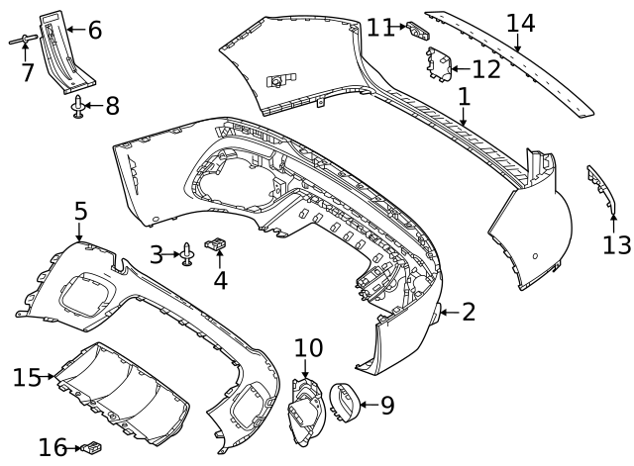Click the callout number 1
pos(464,97)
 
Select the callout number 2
pos(469,313)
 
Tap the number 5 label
pos(80,211)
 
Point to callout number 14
pos(520,23)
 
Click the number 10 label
pos(308,347)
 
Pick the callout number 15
pos(26,377)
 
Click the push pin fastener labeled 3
pos(186,256)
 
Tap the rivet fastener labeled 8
pos(77,107)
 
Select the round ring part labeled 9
pos(344,402)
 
